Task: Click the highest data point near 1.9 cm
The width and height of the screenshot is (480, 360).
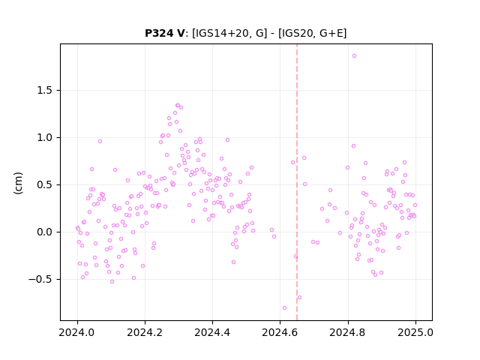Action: pos(354,56)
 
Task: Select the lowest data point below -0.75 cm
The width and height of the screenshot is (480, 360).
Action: pos(284,308)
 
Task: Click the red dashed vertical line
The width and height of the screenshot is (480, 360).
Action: pos(297,182)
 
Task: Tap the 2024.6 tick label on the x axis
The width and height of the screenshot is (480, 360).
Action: pos(280,332)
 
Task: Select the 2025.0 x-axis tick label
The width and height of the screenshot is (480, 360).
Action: pos(415,332)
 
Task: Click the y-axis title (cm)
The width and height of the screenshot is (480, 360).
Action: pos(18,183)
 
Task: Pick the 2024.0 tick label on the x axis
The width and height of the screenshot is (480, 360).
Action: pos(77,332)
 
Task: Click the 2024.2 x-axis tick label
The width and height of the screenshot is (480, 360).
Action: pos(145,332)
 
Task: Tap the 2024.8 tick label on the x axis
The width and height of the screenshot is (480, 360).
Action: pos(347,332)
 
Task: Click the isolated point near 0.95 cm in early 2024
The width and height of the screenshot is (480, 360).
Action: pos(100,142)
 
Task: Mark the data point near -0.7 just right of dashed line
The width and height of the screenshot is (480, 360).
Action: pos(299,298)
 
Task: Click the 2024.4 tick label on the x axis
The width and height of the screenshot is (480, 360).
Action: pos(212,332)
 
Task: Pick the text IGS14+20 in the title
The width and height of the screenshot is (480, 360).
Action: pos(222,33)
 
